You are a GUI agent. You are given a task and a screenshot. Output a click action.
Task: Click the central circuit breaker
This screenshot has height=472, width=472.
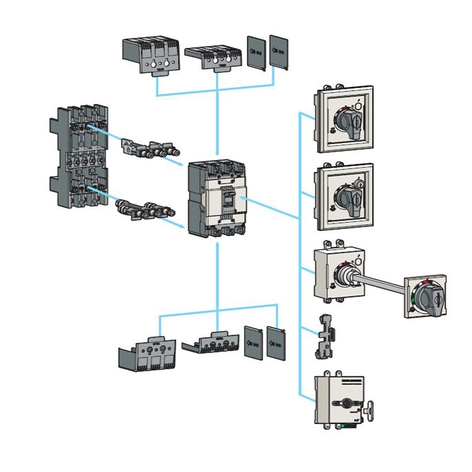216,198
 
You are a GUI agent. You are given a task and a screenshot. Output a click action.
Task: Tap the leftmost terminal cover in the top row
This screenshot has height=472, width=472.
149,57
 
